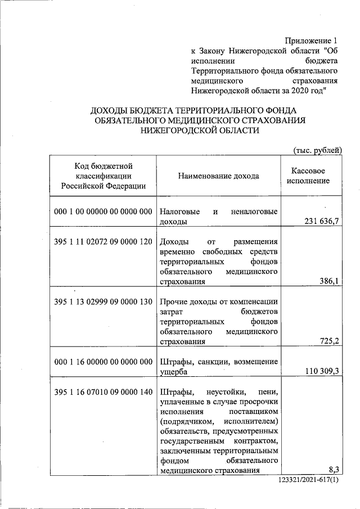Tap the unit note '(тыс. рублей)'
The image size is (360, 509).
point(318,150)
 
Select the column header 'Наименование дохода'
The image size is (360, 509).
point(219,176)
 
